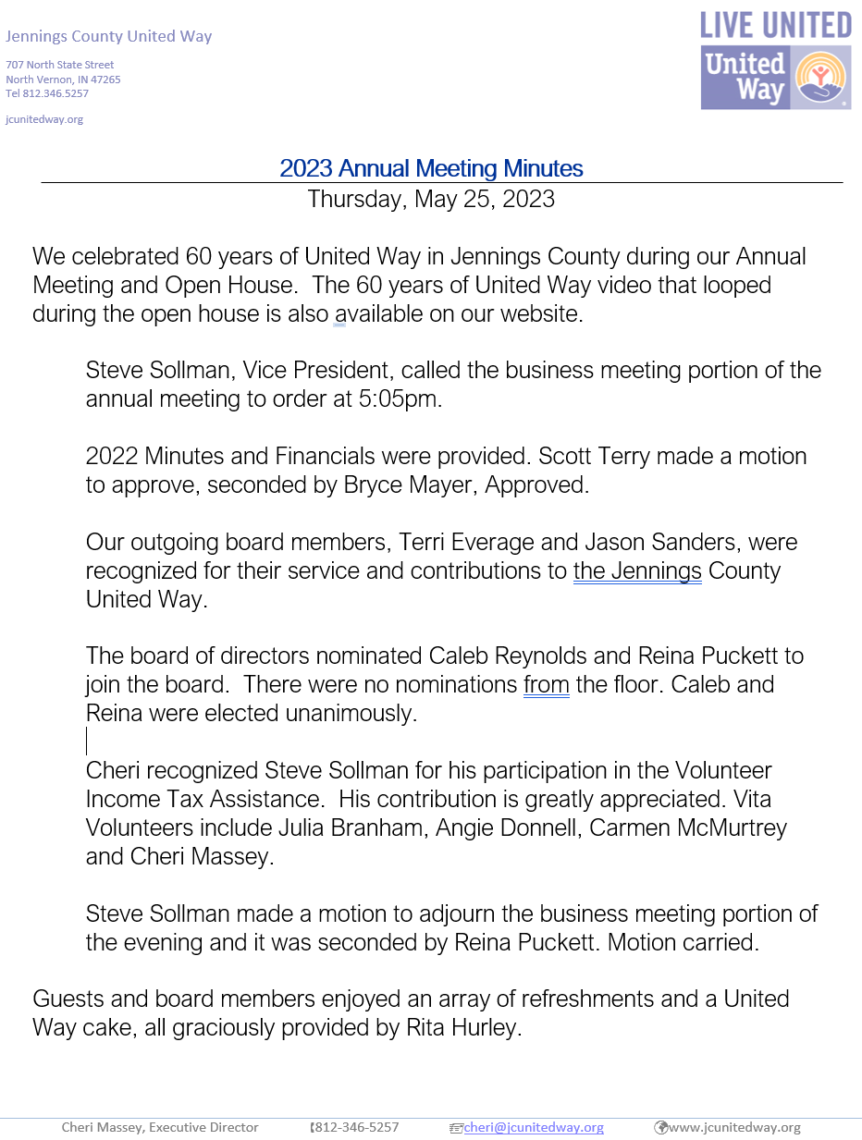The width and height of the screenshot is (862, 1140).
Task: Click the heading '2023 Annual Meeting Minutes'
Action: coord(431,168)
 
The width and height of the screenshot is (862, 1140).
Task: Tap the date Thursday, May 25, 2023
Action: coord(431,199)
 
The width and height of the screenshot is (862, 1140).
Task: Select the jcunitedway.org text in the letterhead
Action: coord(44,119)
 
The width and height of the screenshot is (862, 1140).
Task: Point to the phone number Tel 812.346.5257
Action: coord(47,93)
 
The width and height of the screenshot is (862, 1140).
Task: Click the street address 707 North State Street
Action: coord(60,65)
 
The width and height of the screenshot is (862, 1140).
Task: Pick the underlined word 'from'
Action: coord(546,685)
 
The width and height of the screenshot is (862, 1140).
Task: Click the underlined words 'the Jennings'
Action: coord(637,570)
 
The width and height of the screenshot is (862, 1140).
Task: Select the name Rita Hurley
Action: coord(464,1028)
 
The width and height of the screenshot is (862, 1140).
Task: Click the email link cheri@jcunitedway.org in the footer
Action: coord(534,1127)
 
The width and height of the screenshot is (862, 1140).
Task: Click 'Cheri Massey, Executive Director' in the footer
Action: coord(160,1127)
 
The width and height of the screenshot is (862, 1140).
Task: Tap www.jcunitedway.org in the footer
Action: coord(734,1127)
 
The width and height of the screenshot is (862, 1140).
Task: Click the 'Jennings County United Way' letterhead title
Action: coord(109,37)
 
